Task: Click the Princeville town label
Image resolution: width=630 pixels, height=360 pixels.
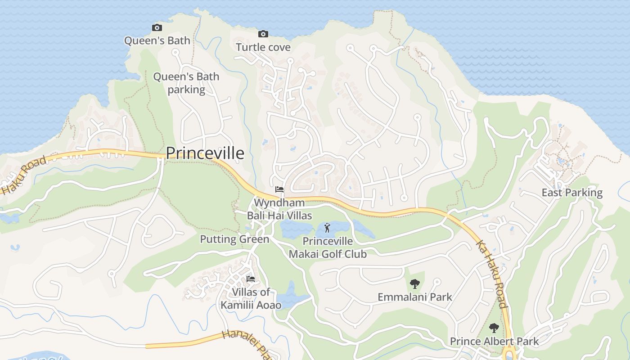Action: point(205,153)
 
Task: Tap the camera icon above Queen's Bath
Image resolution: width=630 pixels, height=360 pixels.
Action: point(157,27)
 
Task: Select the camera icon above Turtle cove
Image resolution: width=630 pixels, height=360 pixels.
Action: point(263,34)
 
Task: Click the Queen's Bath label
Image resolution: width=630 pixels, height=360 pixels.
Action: point(157,40)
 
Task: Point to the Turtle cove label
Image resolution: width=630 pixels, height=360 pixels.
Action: point(263,47)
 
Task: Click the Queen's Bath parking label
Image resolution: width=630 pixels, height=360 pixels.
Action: point(186,83)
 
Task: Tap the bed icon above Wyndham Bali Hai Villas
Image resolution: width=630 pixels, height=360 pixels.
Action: point(279,189)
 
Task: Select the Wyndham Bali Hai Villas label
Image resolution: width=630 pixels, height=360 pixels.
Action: point(279,209)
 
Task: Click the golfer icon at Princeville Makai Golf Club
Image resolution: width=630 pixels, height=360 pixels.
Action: point(328,228)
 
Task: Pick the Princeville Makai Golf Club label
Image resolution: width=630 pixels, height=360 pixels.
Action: point(328,247)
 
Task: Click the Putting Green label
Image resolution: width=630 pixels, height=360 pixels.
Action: point(234,239)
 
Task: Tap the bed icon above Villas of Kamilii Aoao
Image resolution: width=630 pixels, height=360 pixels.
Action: point(251,279)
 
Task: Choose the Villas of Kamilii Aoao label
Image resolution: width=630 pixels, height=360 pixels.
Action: point(251,298)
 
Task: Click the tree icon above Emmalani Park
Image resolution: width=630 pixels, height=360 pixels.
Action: point(415,283)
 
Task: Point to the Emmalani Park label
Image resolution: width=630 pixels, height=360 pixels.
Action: point(415,297)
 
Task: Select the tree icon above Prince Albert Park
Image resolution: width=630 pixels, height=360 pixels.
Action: point(494,328)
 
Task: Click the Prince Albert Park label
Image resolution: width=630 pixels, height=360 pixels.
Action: point(494,342)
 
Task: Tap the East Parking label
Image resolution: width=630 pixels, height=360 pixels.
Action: point(572,193)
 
